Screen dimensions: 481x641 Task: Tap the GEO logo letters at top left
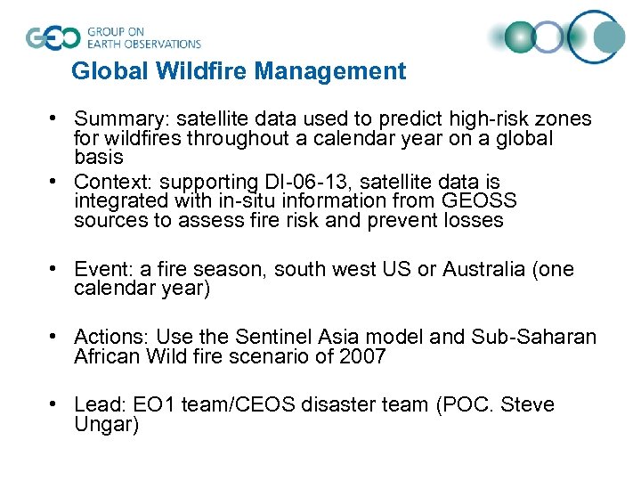(x=53, y=37)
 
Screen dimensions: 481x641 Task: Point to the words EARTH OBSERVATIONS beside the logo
(x=143, y=43)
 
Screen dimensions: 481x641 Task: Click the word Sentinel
(x=272, y=337)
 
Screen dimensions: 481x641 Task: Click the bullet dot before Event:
(x=55, y=268)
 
